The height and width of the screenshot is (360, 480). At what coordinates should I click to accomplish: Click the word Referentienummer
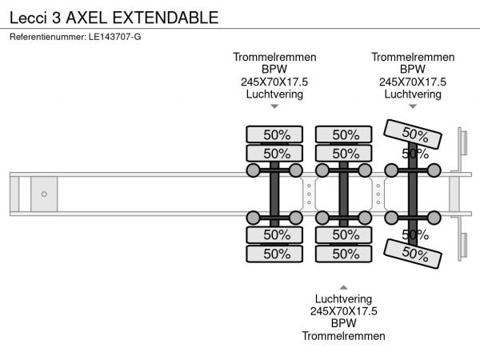(46, 36)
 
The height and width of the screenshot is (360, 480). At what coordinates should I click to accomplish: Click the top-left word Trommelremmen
(274, 57)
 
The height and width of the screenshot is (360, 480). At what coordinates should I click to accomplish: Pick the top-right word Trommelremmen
(413, 57)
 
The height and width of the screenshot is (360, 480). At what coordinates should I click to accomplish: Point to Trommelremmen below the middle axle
(343, 336)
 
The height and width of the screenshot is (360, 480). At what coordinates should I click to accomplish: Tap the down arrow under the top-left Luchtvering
(274, 106)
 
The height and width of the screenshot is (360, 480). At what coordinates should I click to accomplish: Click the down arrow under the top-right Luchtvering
(413, 106)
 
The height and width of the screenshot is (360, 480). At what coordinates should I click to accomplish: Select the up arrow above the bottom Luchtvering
(343, 286)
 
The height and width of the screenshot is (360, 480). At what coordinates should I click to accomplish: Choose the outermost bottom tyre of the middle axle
(346, 254)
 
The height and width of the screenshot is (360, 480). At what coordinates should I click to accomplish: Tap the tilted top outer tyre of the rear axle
(414, 133)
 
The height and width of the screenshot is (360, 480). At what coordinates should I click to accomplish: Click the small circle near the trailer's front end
(44, 194)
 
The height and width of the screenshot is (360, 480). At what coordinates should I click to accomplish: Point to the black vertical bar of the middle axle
(343, 194)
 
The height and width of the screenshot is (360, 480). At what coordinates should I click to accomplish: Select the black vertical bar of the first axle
(274, 194)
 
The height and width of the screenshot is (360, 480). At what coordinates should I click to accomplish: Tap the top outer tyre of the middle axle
(346, 134)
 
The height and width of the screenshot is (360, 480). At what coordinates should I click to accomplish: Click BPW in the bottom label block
(343, 323)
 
